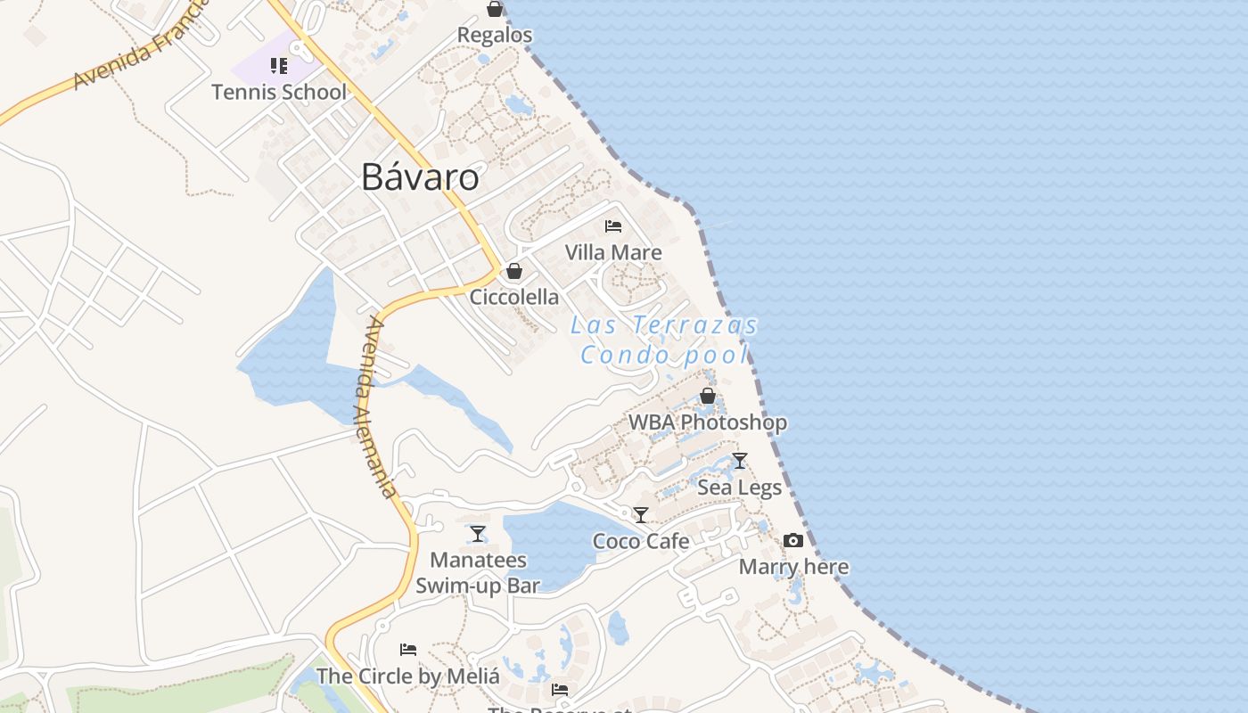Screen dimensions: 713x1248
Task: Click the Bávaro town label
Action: click(x=420, y=177)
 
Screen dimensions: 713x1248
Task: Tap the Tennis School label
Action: click(x=279, y=92)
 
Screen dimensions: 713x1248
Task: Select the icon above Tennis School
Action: click(x=279, y=66)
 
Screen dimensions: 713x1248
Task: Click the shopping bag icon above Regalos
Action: click(x=495, y=9)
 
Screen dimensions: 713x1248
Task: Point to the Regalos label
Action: click(x=495, y=35)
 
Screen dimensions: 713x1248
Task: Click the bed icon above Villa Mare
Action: click(x=613, y=226)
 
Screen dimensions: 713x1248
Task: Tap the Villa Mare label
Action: click(x=613, y=252)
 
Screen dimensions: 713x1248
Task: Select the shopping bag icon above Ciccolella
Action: click(x=514, y=271)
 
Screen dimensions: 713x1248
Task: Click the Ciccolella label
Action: click(x=514, y=297)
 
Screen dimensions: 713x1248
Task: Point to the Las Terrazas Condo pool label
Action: click(x=664, y=340)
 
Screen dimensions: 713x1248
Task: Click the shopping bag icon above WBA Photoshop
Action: click(x=708, y=396)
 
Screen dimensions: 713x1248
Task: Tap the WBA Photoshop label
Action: click(x=708, y=422)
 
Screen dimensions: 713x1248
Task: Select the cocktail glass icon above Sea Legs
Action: click(x=740, y=461)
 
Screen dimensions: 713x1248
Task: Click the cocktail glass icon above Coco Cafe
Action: click(x=641, y=515)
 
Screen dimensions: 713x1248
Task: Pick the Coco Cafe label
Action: click(x=641, y=541)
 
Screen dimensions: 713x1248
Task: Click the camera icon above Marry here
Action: click(x=793, y=541)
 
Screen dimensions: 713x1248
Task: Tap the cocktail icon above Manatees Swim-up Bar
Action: click(x=478, y=534)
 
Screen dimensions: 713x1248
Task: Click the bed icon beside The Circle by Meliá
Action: click(x=408, y=650)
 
